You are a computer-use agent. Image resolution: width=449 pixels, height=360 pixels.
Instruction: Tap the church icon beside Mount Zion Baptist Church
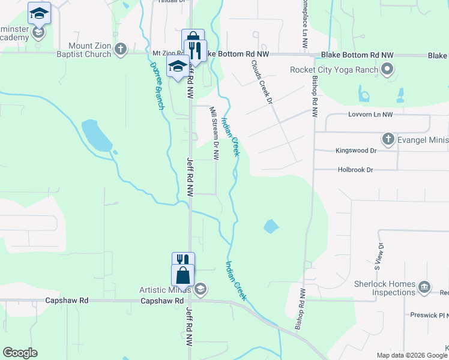coord(120,49)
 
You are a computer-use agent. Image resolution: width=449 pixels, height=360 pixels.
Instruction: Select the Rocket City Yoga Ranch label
coord(334,70)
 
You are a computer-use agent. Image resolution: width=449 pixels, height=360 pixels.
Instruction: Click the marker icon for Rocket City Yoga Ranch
coord(387,70)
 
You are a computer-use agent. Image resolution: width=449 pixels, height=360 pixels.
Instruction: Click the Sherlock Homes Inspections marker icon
coord(425,286)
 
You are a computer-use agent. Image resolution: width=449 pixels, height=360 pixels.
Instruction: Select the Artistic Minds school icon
coord(200,290)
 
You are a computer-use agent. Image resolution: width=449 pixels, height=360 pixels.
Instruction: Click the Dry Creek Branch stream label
coord(157,85)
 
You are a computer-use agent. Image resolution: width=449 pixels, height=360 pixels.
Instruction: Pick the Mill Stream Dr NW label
coord(214,133)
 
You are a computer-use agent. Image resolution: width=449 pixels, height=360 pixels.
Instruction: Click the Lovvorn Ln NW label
coord(370,114)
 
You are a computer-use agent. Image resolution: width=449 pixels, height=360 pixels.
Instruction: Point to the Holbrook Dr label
coord(354,170)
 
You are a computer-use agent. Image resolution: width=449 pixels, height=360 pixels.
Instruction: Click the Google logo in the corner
coord(20,353)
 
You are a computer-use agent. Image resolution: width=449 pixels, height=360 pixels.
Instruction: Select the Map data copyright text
coord(412,355)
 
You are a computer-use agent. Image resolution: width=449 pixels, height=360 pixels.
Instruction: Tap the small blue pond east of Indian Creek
coord(271,226)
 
